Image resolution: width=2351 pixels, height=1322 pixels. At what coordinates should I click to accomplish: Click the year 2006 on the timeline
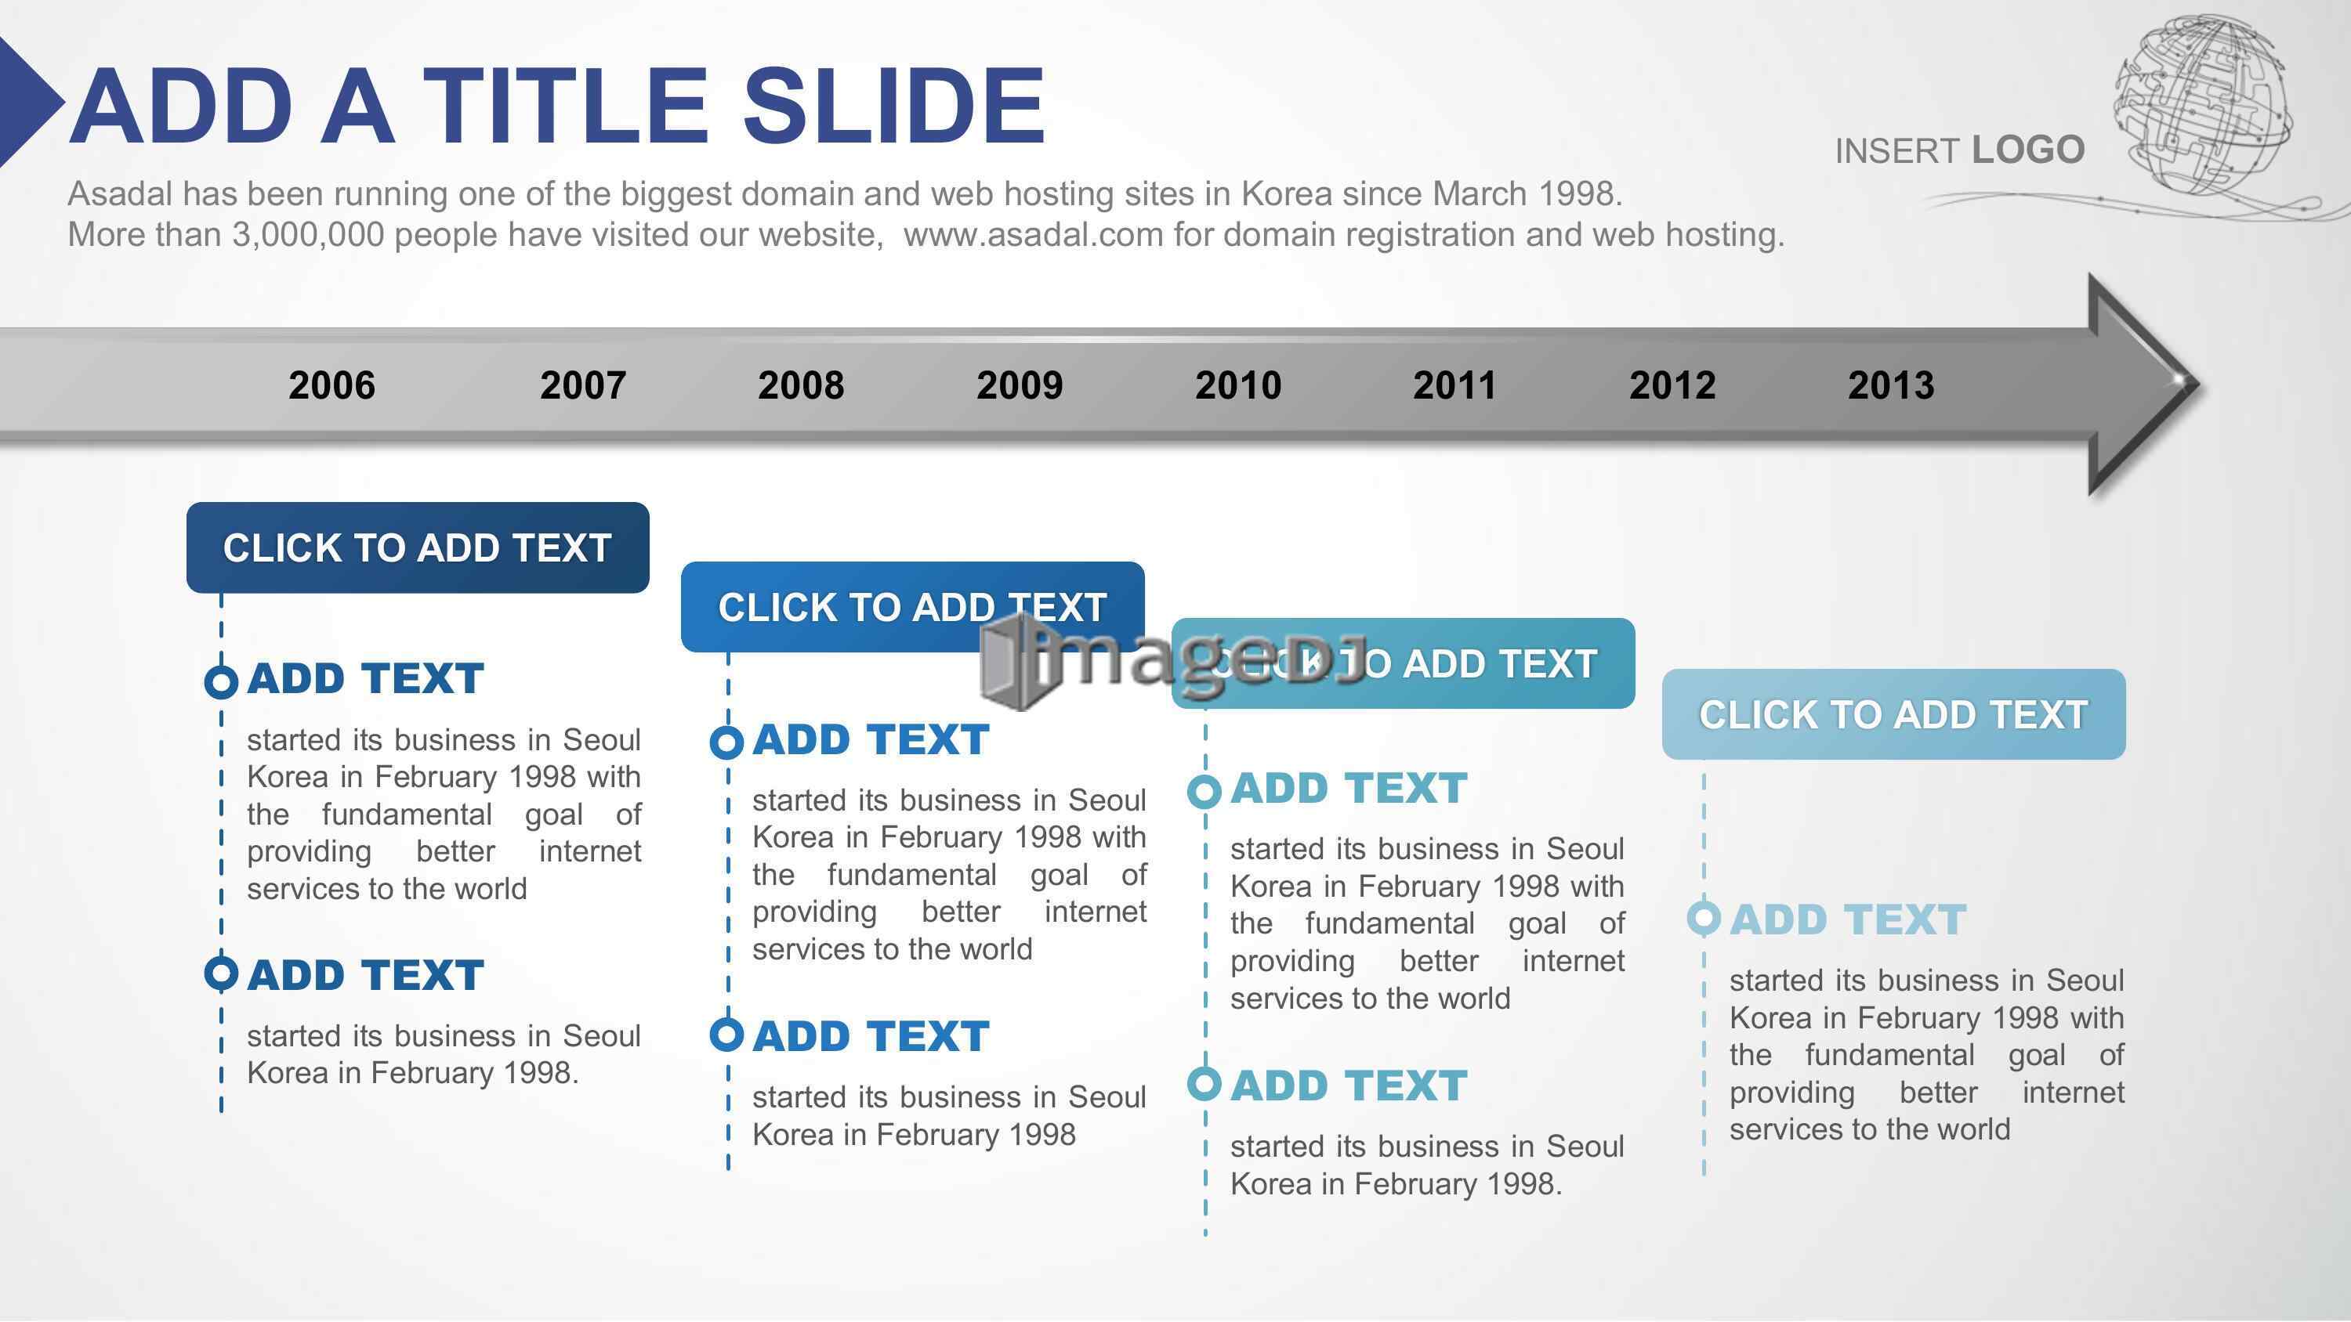click(331, 385)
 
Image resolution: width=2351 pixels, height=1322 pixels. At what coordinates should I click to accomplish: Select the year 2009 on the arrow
click(1020, 385)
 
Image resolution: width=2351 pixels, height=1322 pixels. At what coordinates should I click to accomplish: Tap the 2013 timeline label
click(1891, 385)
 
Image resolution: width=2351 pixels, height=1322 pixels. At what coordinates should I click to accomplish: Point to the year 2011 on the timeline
click(1454, 385)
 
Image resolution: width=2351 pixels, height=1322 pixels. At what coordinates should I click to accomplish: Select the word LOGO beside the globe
click(2028, 150)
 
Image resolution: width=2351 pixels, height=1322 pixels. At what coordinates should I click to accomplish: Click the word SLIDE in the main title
click(893, 106)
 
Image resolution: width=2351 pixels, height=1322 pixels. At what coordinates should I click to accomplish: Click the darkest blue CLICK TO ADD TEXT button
click(418, 547)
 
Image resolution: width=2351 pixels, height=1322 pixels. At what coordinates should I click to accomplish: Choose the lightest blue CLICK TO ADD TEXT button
click(1894, 714)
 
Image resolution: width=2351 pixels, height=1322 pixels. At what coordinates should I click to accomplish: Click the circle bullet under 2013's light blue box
click(1704, 918)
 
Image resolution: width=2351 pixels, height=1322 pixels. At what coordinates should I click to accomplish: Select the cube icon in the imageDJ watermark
click(1013, 662)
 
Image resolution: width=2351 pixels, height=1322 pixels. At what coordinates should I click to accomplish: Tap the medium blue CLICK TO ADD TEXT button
click(913, 607)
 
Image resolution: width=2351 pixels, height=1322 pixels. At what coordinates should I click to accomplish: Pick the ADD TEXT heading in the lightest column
click(1848, 919)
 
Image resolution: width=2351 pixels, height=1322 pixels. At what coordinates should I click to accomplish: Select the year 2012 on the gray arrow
click(1672, 385)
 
